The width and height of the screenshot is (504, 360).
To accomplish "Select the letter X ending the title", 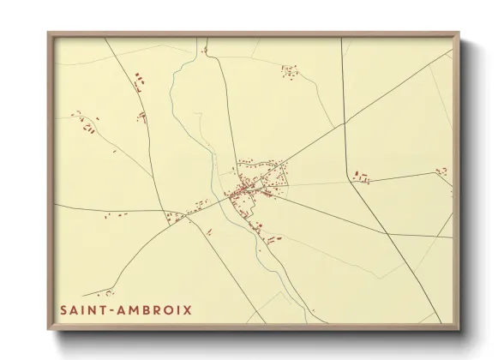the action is pyautogui.click(x=188, y=309).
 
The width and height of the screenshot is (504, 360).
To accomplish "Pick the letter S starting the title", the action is pyautogui.click(x=63, y=309).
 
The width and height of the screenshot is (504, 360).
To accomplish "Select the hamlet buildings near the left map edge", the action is pyautogui.click(x=86, y=125).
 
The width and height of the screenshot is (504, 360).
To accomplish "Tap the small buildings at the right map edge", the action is pyautogui.click(x=441, y=171).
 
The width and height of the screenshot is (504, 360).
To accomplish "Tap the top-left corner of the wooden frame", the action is pyautogui.click(x=48, y=33).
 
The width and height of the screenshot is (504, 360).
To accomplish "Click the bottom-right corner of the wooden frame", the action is pyautogui.click(x=459, y=329).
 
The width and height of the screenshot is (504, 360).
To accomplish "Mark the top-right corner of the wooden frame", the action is pyautogui.click(x=459, y=33).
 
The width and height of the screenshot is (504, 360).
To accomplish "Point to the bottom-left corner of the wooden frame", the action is pyautogui.click(x=48, y=329).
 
